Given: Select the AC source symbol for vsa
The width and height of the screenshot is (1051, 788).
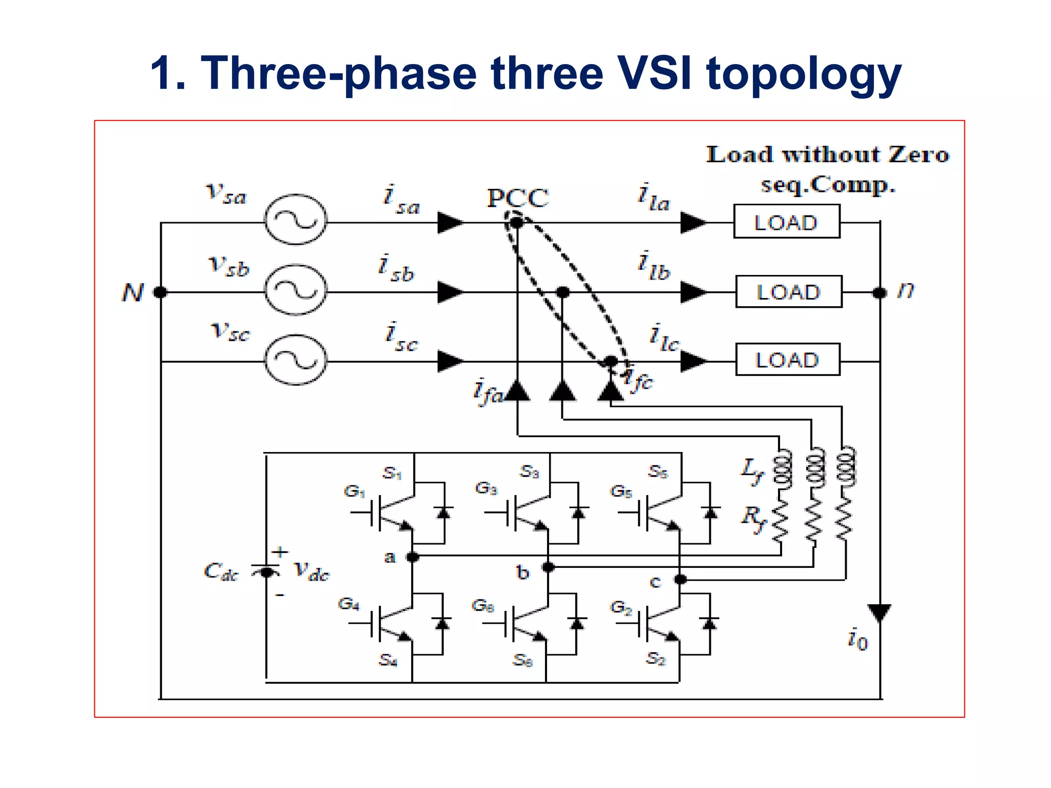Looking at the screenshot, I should (295, 220).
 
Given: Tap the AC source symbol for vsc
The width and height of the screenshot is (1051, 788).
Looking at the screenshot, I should (295, 360).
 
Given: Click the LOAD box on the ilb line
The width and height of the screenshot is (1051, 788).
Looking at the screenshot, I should (789, 292).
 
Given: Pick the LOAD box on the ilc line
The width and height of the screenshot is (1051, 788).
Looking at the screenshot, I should (788, 360).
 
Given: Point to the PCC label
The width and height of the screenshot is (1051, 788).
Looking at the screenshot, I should (517, 198).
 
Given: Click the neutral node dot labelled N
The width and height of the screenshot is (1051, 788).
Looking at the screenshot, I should (161, 292).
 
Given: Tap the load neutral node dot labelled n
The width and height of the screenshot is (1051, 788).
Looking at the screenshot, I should (880, 292).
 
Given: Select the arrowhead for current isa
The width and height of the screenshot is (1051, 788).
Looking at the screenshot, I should (450, 223).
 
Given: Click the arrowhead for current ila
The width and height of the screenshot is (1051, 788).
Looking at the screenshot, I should (693, 223).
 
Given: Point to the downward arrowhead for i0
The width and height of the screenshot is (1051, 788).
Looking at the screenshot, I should (879, 612).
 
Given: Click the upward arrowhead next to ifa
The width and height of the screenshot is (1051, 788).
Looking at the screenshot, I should (517, 391).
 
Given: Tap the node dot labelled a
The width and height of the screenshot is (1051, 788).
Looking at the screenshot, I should (412, 557).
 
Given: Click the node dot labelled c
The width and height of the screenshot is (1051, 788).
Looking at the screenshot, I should (680, 580).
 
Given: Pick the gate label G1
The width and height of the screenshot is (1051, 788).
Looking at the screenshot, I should (354, 491).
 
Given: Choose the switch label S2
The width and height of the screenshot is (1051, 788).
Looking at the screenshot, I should (656, 658).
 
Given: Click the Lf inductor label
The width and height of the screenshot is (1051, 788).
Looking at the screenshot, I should (752, 469).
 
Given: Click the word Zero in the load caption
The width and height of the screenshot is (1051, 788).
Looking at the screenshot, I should (919, 155).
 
